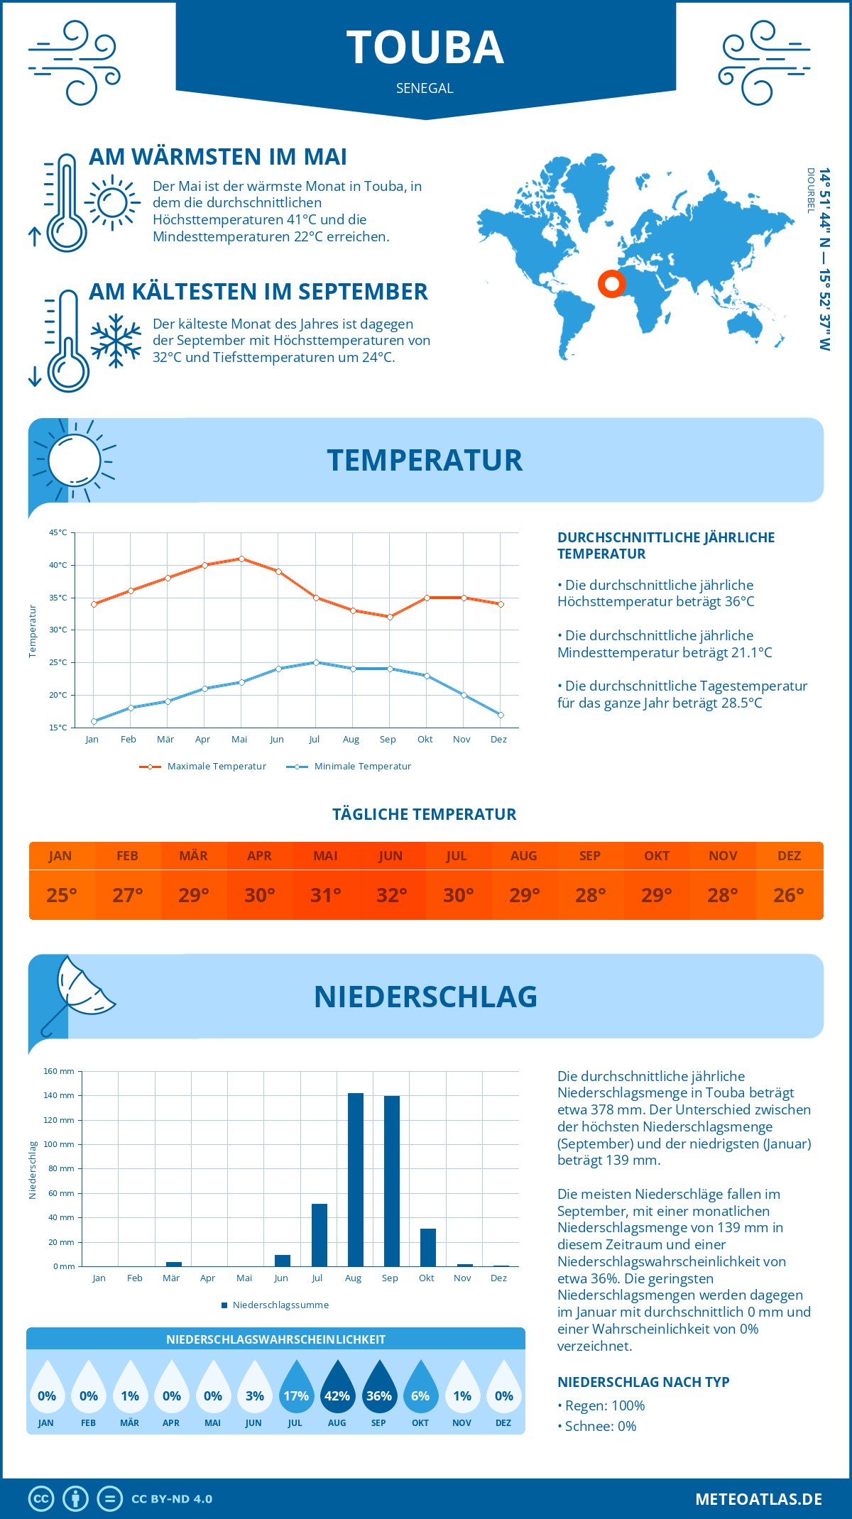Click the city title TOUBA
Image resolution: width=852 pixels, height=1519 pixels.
(x=425, y=48)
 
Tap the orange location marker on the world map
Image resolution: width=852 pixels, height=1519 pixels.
(x=611, y=284)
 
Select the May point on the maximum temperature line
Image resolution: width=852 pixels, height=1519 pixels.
(x=241, y=559)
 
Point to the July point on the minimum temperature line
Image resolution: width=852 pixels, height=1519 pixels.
(x=316, y=662)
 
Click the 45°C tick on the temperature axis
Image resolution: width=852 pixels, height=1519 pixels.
(x=58, y=532)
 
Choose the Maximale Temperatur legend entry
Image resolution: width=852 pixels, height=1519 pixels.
(x=203, y=767)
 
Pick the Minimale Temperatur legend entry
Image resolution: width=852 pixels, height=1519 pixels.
(x=349, y=767)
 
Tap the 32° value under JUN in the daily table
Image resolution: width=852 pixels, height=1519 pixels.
(x=391, y=895)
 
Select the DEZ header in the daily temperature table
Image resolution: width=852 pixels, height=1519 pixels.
(x=789, y=856)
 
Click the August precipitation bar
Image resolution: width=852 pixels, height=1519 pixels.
(x=356, y=1180)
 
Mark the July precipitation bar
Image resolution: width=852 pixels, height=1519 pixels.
(x=319, y=1235)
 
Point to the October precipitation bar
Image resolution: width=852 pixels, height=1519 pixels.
(x=428, y=1247)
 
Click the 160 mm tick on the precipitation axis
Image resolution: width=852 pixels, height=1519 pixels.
(x=59, y=1071)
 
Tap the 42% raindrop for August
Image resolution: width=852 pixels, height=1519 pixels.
(x=337, y=1388)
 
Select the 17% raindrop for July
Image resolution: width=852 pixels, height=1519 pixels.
(x=296, y=1388)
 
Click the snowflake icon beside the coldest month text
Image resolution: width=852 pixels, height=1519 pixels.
(x=116, y=341)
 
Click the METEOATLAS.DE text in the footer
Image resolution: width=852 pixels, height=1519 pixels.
(x=758, y=1499)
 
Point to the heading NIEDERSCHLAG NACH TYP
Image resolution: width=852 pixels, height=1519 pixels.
(x=643, y=1382)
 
